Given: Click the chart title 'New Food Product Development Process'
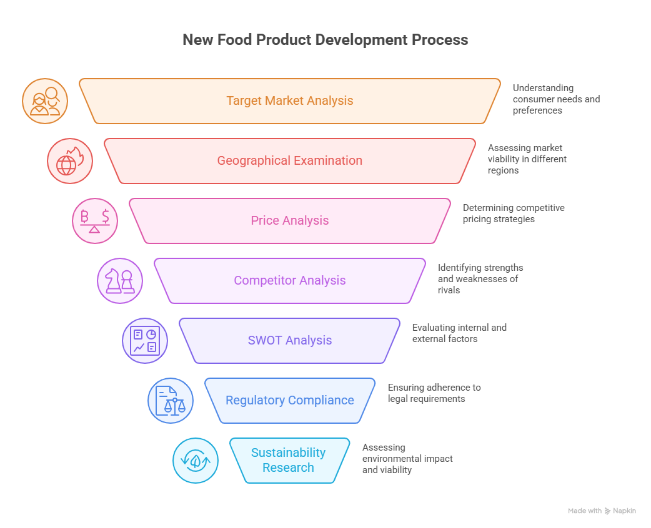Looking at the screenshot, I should point(325,40).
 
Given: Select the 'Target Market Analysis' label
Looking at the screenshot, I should point(289,100).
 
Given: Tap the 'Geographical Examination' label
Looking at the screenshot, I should point(289,160).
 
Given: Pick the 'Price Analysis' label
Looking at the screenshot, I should point(289,220).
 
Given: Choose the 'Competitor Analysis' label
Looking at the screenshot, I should point(289,280).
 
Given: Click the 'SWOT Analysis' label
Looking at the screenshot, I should point(289,340).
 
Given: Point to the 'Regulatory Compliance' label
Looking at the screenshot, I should point(289,400).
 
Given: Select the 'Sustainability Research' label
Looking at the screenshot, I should point(288,460).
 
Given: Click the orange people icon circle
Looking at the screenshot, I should point(45,101).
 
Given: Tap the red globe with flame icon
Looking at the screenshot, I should point(70,161).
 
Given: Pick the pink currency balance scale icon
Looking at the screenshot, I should point(95,221).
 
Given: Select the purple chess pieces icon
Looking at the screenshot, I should point(120,281).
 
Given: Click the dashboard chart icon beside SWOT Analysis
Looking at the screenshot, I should point(145,341).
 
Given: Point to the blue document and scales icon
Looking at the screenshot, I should point(171,401).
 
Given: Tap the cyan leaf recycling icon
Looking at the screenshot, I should point(196,461).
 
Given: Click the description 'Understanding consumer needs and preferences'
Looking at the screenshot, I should point(556,99).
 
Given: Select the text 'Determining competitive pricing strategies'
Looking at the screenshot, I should point(513,213).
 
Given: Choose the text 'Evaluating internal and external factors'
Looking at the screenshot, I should point(459,333).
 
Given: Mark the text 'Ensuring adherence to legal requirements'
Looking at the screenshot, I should point(434,393).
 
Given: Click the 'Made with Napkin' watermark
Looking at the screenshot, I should point(602,511).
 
